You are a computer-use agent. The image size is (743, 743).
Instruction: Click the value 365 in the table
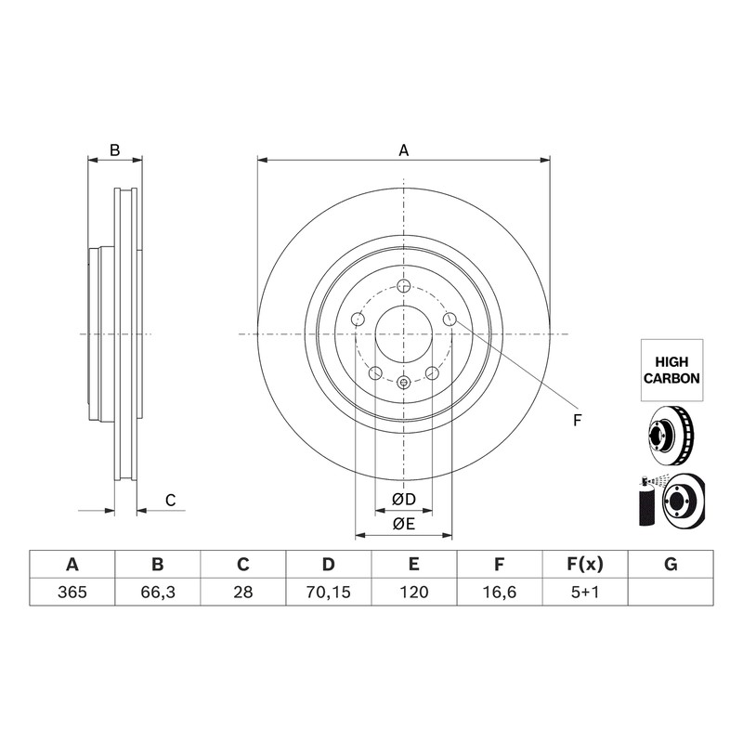(x=72, y=592)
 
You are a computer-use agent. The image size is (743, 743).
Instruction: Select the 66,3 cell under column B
(x=158, y=592)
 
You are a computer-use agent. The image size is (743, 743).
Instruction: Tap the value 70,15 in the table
(x=329, y=592)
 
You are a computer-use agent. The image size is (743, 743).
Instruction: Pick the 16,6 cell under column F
(x=500, y=592)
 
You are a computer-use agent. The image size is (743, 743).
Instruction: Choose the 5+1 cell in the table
(x=585, y=592)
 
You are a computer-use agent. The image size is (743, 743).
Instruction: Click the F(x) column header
(x=585, y=565)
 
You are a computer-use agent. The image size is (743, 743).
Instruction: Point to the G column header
(x=671, y=565)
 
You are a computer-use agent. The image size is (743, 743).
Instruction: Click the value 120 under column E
(x=414, y=592)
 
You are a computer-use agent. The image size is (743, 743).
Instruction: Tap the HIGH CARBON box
(x=671, y=370)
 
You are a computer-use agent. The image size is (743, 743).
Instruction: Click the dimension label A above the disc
(x=403, y=150)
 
